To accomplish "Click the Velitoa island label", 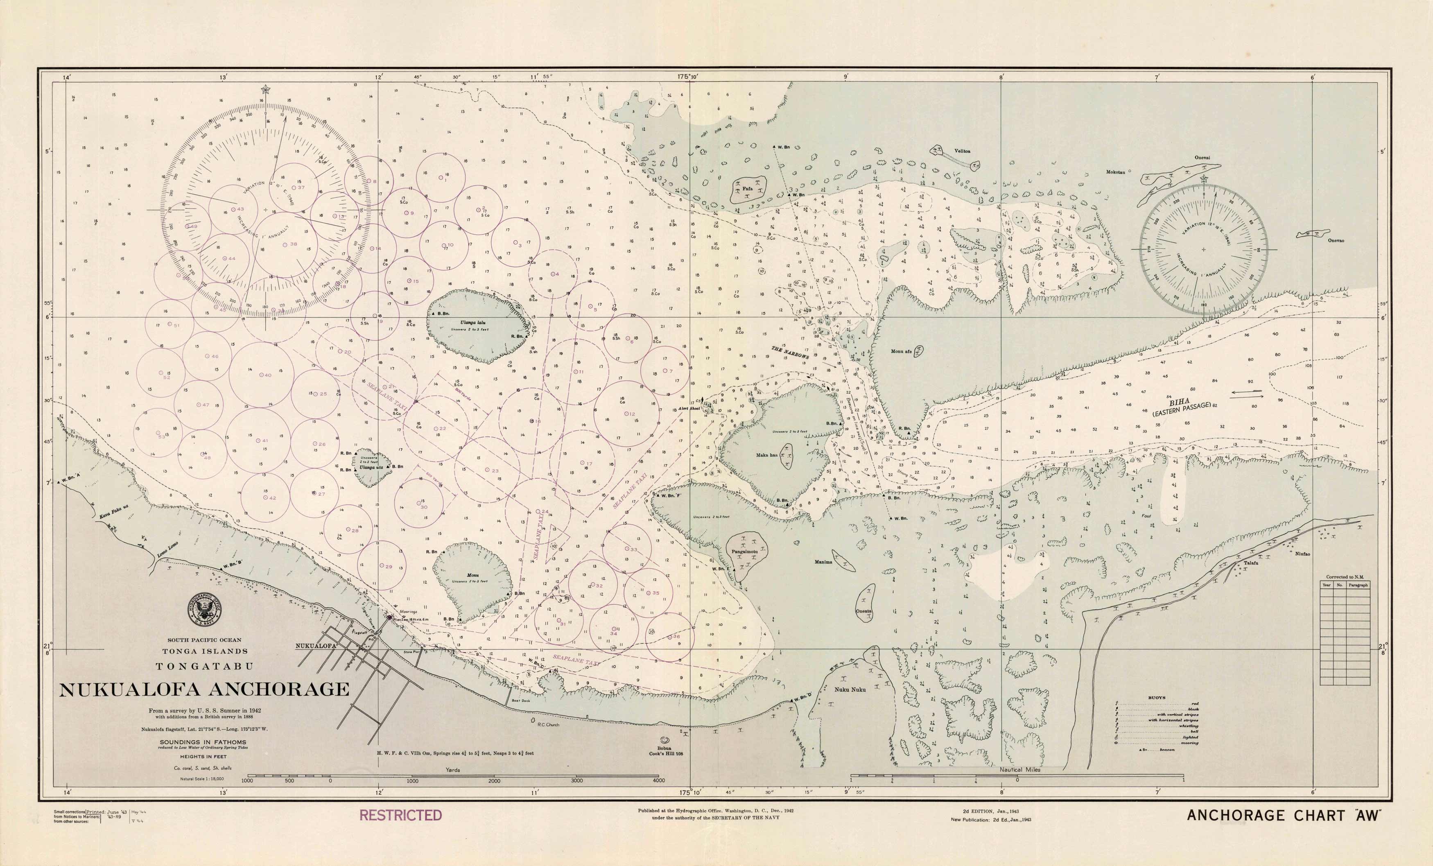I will click(x=962, y=151).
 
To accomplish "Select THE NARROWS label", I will click(x=790, y=353).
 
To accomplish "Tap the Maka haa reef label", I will click(x=766, y=455).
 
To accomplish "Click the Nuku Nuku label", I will click(x=850, y=690).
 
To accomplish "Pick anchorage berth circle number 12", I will click(x=629, y=414).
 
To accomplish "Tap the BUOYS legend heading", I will click(x=1156, y=698).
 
